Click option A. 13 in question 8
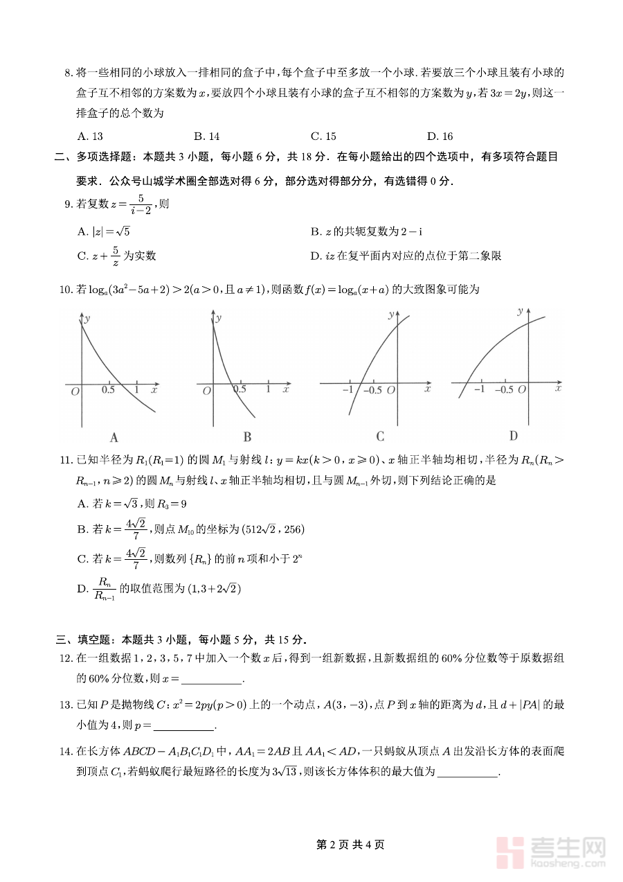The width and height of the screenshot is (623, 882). (x=91, y=136)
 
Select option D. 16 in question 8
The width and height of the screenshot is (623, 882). (x=440, y=136)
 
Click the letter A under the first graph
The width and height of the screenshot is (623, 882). (x=114, y=437)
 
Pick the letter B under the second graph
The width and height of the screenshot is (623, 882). (x=247, y=437)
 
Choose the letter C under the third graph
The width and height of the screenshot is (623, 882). (x=380, y=436)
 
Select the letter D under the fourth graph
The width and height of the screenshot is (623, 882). (x=513, y=436)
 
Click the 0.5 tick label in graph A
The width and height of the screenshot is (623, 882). (x=109, y=390)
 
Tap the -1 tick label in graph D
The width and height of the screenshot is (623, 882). (x=478, y=390)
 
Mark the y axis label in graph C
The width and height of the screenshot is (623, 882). (x=391, y=315)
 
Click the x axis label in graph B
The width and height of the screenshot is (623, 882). (x=285, y=391)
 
